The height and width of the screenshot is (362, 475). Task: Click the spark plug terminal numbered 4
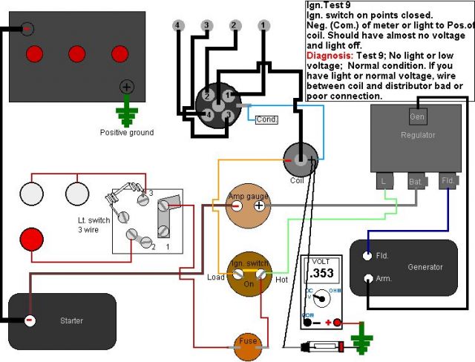[178, 25]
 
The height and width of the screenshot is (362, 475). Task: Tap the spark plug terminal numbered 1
[263, 25]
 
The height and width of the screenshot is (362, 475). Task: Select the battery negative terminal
[27, 29]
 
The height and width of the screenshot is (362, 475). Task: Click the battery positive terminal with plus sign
[127, 88]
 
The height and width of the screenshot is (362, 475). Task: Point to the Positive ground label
[127, 133]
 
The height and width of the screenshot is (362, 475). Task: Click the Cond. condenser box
[266, 120]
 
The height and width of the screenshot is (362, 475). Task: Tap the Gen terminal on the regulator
[418, 116]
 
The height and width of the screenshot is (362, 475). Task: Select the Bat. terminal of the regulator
[417, 181]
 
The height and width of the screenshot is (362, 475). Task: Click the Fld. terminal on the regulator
[448, 181]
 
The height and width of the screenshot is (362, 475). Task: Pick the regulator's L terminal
[384, 181]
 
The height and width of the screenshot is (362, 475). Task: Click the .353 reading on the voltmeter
[322, 273]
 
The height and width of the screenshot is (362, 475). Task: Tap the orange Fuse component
[248, 347]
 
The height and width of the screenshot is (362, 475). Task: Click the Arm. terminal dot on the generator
[368, 278]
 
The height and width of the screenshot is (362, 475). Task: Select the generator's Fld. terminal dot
[367, 256]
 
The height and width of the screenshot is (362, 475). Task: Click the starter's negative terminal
[30, 320]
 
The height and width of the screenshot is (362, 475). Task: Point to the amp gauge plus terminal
[259, 205]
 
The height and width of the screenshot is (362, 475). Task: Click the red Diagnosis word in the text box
[330, 56]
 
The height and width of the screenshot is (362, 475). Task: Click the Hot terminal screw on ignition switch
[261, 274]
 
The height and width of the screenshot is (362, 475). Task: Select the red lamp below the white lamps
[31, 240]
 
